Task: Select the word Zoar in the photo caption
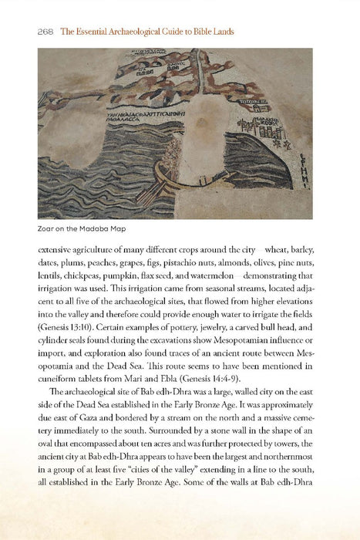[x=47, y=228]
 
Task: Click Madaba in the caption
[x=94, y=228]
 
